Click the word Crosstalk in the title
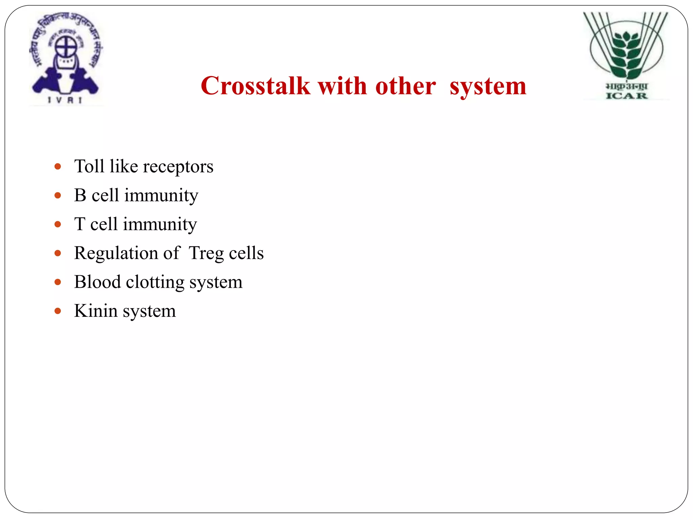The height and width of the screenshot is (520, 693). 255,86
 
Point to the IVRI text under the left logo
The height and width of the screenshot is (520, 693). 65,100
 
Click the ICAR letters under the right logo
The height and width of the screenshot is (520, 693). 626,96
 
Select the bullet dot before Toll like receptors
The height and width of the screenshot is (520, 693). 58,167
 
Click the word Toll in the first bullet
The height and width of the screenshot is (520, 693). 89,166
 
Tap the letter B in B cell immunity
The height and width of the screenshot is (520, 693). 80,195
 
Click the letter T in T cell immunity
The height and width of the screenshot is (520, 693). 80,224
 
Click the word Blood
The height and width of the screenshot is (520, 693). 97,282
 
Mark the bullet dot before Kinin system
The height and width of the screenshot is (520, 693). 58,311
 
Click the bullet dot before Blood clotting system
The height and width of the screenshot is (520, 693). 58,282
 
